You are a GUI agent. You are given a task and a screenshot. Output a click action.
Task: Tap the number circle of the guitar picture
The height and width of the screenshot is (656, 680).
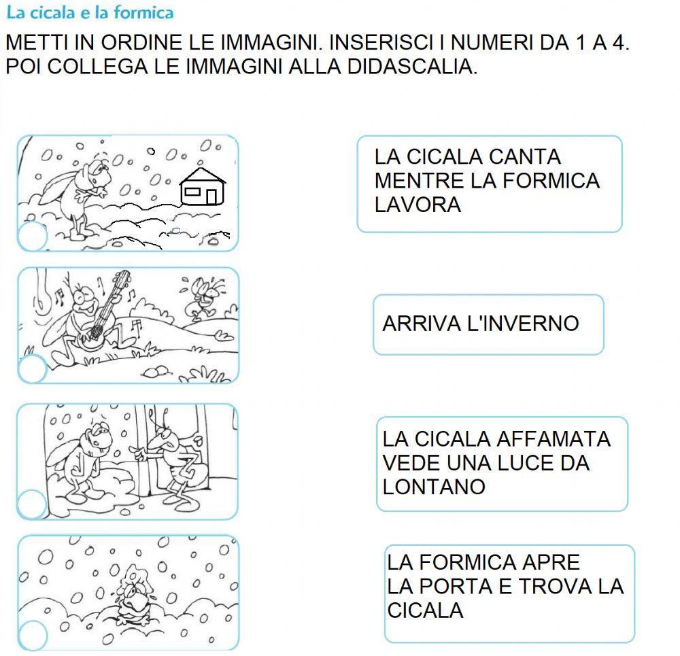[x=31, y=370]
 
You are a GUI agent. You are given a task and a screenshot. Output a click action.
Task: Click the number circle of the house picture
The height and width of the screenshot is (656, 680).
[x=31, y=236]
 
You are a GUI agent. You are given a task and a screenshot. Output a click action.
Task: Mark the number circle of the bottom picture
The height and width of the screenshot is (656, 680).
[x=32, y=636]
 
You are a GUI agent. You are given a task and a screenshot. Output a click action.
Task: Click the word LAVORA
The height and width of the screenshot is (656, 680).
[x=418, y=205]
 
